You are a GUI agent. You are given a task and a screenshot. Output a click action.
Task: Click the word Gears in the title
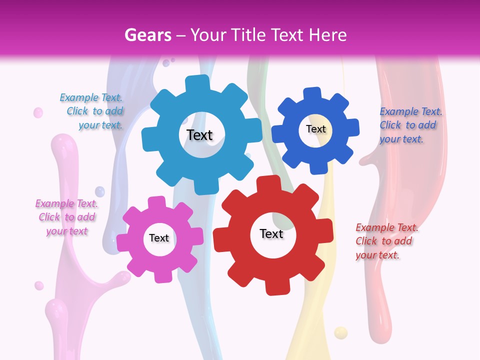(146, 35)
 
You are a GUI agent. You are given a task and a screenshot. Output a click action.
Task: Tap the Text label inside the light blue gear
(199, 135)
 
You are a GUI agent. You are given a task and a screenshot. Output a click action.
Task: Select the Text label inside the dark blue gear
(315, 129)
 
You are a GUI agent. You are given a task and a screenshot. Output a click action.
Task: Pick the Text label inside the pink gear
(159, 238)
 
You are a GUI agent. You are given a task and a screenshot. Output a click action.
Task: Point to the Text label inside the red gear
(271, 233)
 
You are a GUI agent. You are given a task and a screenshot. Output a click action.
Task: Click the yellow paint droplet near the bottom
(340, 332)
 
